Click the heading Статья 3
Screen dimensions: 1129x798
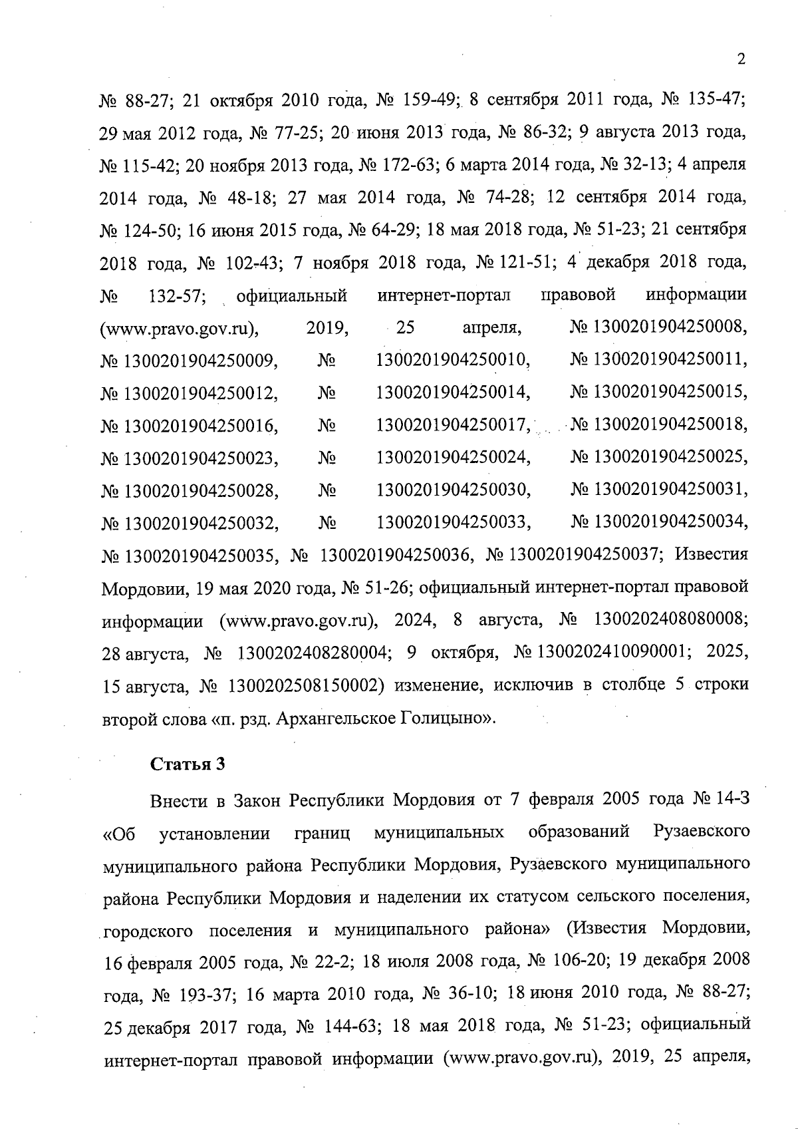(x=188, y=764)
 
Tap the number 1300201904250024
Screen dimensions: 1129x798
(x=453, y=458)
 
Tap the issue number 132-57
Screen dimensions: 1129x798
(x=175, y=295)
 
